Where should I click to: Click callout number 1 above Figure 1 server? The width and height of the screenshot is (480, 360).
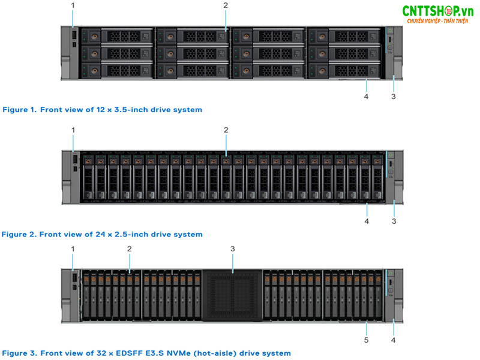[73, 5]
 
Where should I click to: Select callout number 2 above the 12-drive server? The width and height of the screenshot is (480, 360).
[226, 5]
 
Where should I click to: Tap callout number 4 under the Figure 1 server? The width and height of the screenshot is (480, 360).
[367, 97]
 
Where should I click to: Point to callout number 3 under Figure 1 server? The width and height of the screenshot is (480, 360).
[394, 97]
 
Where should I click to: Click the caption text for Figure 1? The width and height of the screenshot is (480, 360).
[103, 110]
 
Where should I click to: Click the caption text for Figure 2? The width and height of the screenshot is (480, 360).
[103, 235]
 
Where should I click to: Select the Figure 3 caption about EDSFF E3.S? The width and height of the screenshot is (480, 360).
[146, 353]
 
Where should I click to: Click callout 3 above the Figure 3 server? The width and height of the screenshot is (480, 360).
[233, 248]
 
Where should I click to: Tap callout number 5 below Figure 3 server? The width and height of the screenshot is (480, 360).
[367, 340]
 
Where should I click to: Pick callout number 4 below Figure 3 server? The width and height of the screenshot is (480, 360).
[394, 340]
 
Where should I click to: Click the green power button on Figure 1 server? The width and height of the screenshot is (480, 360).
[390, 31]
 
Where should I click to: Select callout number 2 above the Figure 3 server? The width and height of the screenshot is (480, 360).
[130, 248]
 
